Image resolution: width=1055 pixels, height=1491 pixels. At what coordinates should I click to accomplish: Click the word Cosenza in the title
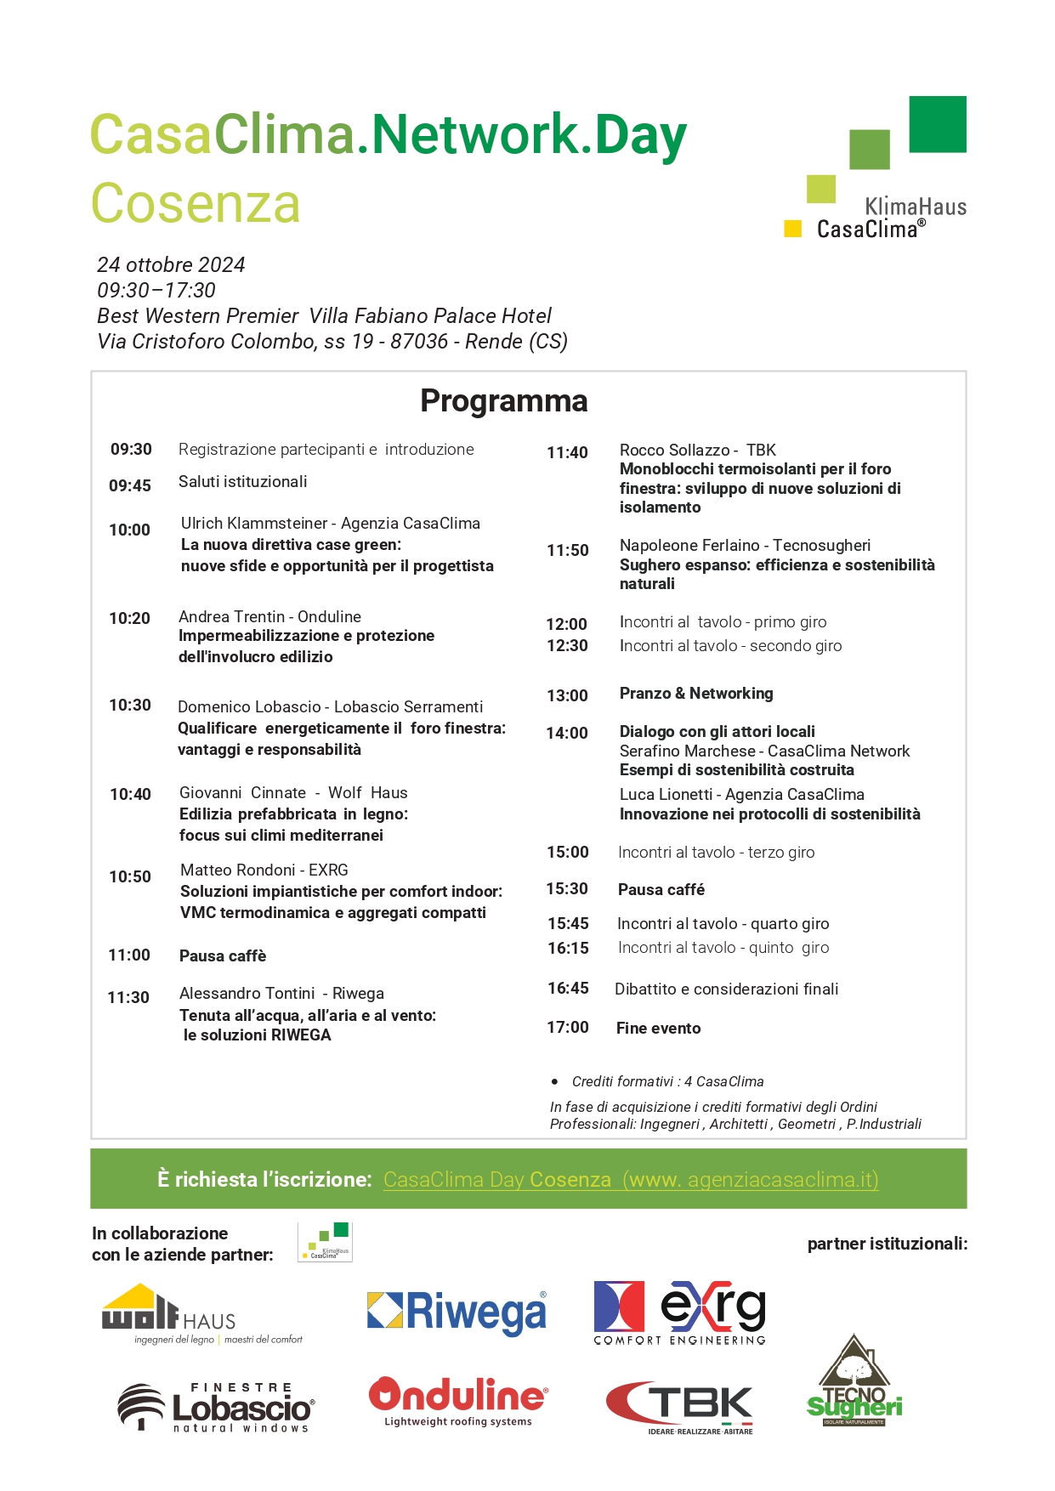(196, 204)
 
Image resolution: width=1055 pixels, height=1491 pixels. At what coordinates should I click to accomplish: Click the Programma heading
(503, 400)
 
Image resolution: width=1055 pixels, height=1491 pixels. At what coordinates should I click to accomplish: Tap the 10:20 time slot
(129, 618)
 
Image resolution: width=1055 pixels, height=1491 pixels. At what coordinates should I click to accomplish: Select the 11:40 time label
(567, 452)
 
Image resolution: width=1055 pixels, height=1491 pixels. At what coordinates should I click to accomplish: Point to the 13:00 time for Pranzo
(567, 695)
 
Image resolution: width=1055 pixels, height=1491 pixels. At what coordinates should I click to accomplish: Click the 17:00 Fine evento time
(567, 1027)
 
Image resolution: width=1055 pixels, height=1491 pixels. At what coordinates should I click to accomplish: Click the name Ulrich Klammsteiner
(254, 523)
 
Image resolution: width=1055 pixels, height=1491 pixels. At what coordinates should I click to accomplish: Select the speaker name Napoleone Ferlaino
(689, 545)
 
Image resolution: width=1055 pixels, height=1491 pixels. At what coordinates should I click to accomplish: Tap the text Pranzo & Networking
(696, 693)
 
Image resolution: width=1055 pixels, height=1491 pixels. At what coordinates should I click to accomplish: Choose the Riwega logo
(457, 1312)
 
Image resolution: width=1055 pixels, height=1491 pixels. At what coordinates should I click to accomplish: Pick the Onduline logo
(458, 1401)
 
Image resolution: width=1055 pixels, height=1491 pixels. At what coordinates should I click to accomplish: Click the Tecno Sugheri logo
(854, 1381)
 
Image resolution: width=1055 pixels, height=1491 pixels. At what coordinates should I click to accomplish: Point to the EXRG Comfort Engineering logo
(679, 1312)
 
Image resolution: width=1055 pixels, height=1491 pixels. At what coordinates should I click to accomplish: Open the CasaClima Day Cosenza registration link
(630, 1179)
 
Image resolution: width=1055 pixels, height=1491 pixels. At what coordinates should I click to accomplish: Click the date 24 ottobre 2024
(171, 264)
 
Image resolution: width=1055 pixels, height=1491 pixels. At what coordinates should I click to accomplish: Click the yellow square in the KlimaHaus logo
(792, 228)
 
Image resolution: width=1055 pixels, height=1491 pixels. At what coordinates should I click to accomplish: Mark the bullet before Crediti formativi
(555, 1081)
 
